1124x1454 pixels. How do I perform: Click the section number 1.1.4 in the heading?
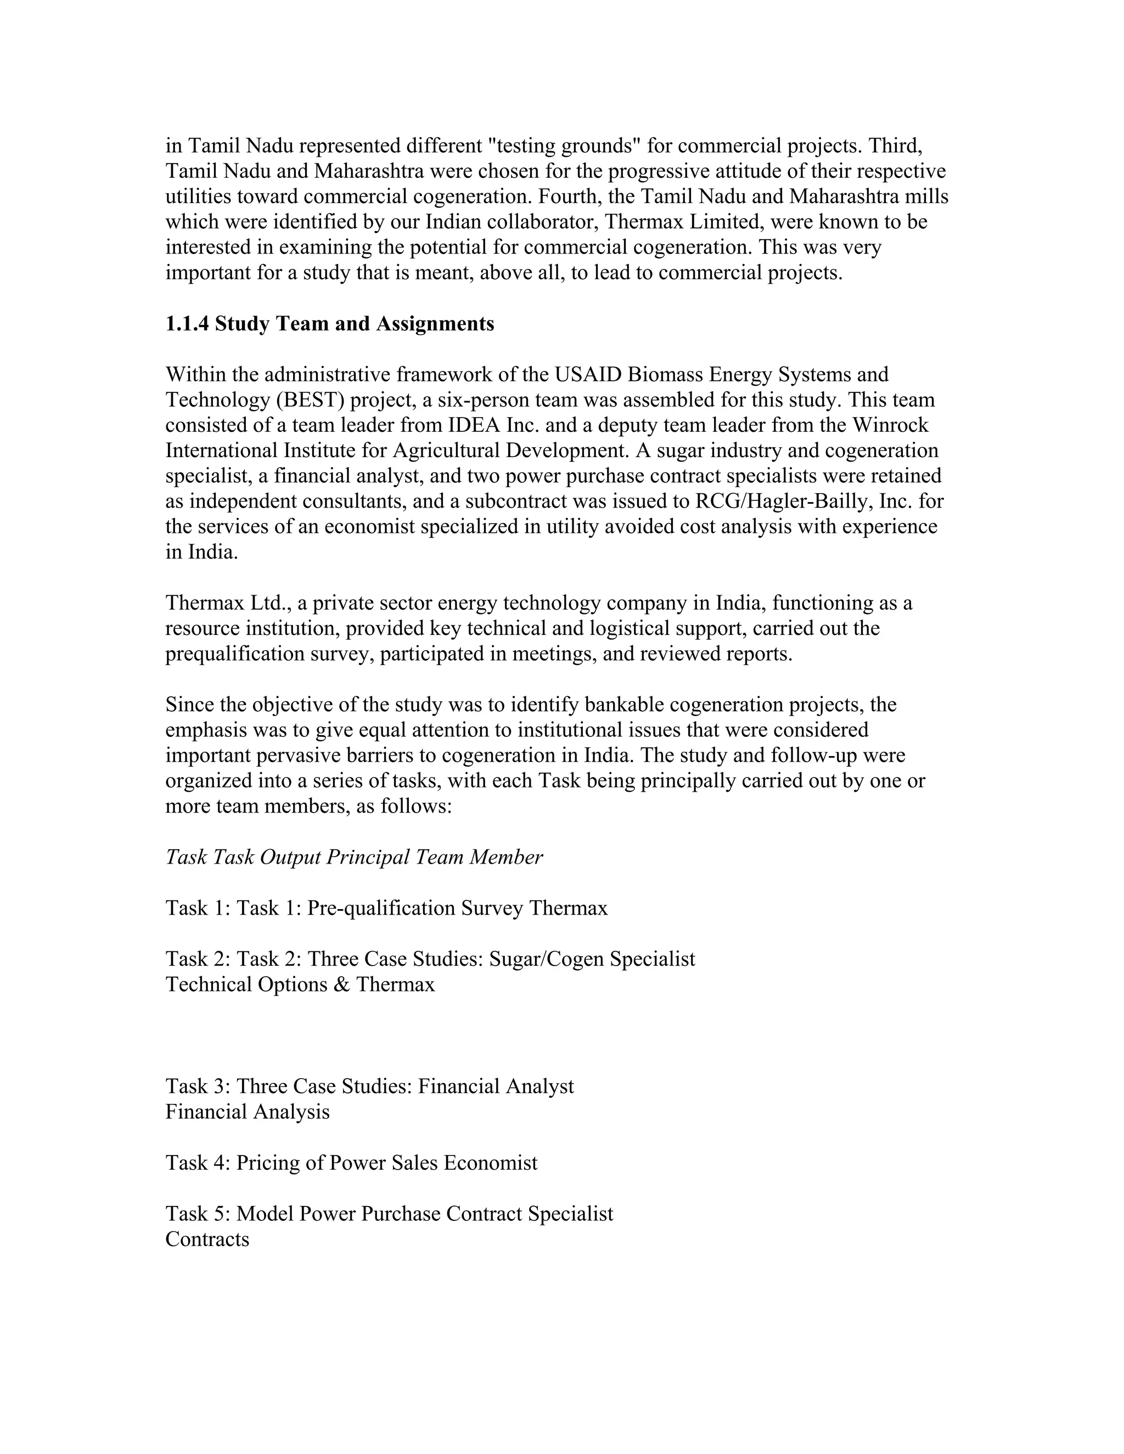click(187, 324)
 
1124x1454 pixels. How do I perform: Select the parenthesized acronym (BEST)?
click(304, 400)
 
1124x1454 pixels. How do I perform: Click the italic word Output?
click(290, 858)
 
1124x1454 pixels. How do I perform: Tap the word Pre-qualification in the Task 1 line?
click(381, 908)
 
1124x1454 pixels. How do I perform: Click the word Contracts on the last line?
click(207, 1239)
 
